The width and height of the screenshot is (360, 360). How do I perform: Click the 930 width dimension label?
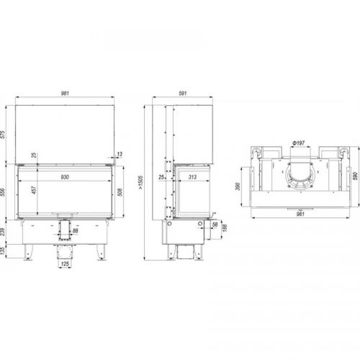65,177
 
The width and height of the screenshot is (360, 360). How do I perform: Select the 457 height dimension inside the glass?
34,190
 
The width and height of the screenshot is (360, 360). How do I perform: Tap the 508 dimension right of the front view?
120,192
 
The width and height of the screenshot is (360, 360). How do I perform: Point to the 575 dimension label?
2,135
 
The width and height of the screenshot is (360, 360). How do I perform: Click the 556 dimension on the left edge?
2,192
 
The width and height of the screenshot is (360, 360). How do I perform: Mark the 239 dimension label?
2,232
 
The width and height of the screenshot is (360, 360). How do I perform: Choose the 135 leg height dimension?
2,251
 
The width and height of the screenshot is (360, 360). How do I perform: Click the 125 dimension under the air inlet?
65,264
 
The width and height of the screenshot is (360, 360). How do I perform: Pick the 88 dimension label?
76,230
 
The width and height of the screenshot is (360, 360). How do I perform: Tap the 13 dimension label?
120,154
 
